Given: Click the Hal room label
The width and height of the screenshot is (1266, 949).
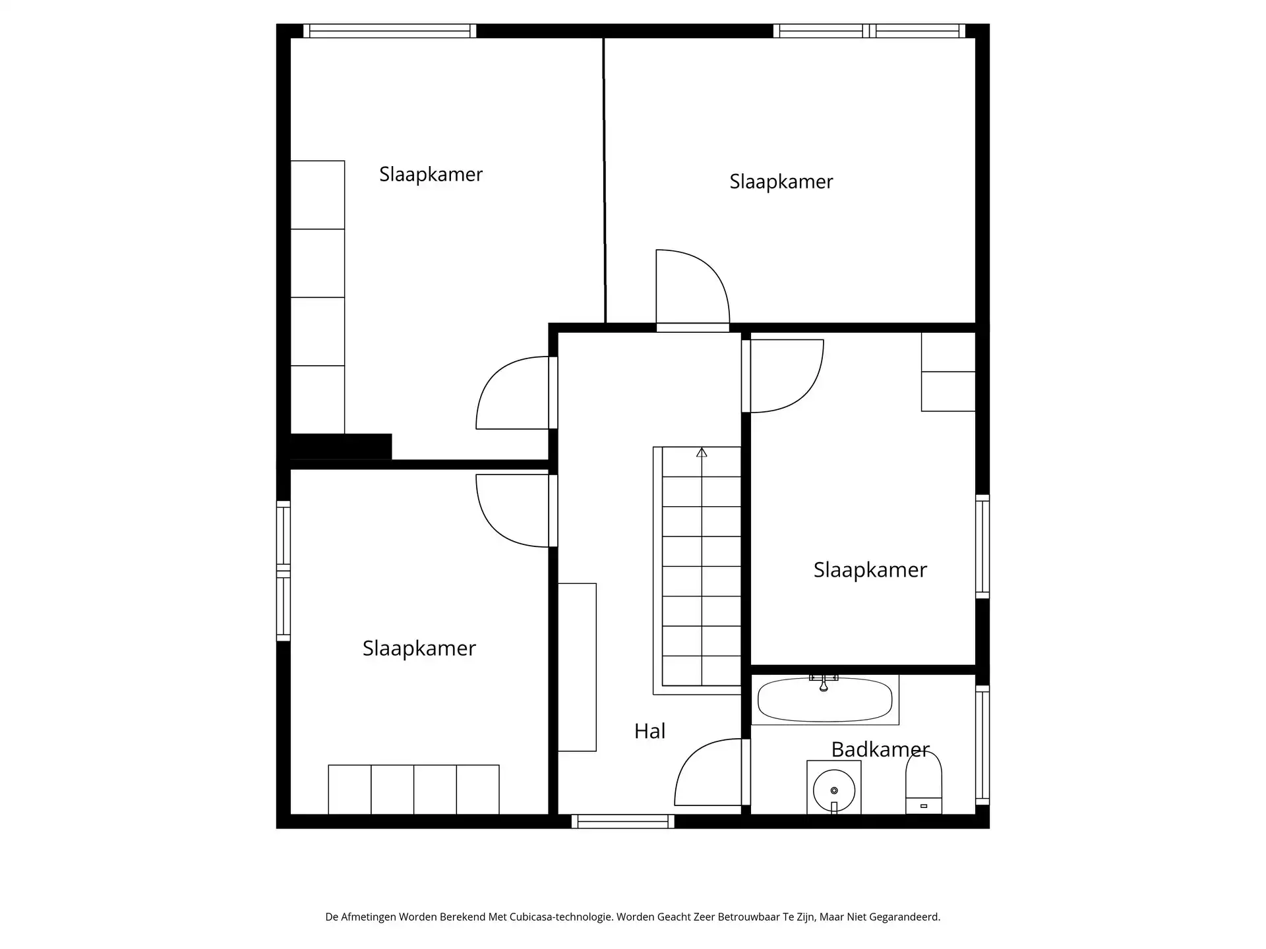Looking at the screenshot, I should pos(649,731).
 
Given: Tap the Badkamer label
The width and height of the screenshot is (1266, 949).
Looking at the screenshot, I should pos(880,749).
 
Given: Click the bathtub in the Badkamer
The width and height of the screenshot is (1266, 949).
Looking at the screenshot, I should pos(825,700).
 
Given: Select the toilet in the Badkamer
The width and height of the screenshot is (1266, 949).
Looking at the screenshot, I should pos(923,784).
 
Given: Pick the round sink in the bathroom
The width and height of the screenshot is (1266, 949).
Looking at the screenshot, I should pos(834,790).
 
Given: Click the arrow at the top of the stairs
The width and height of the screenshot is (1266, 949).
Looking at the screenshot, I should pos(702,453).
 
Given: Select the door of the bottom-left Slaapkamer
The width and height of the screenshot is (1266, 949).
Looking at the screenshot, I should pos(511,511).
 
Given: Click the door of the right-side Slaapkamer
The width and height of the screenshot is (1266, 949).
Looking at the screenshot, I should pos(786,376).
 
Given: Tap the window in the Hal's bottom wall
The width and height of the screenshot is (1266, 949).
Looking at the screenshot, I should pos(622,821).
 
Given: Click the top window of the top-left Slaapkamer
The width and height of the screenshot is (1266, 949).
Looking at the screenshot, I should pos(390,31).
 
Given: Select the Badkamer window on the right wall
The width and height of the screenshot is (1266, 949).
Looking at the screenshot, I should pos(982,745).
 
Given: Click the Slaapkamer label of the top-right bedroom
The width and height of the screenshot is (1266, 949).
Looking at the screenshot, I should pos(781,182).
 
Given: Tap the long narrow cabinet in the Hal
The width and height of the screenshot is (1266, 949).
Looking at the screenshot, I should pos(578,667).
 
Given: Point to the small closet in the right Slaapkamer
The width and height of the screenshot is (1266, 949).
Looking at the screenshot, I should pos(948,372).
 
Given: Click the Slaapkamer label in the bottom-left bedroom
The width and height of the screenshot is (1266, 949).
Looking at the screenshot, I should pos(419,648).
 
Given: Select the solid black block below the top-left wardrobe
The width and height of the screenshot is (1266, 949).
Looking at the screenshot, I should pos(341,446).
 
